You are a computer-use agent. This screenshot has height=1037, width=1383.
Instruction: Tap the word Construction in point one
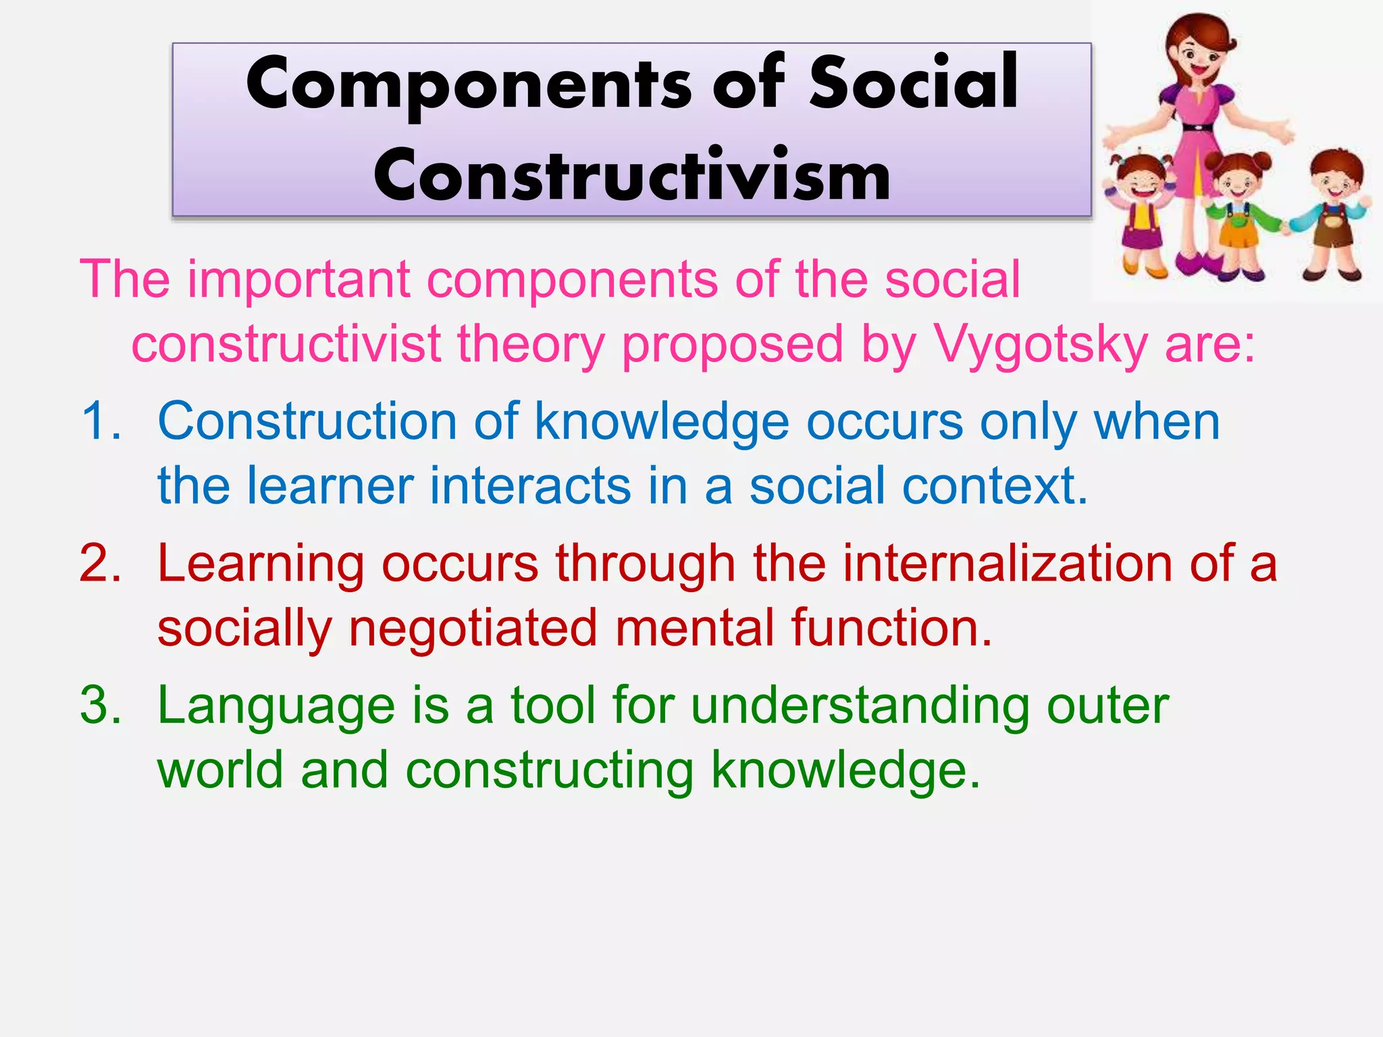[x=307, y=421]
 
